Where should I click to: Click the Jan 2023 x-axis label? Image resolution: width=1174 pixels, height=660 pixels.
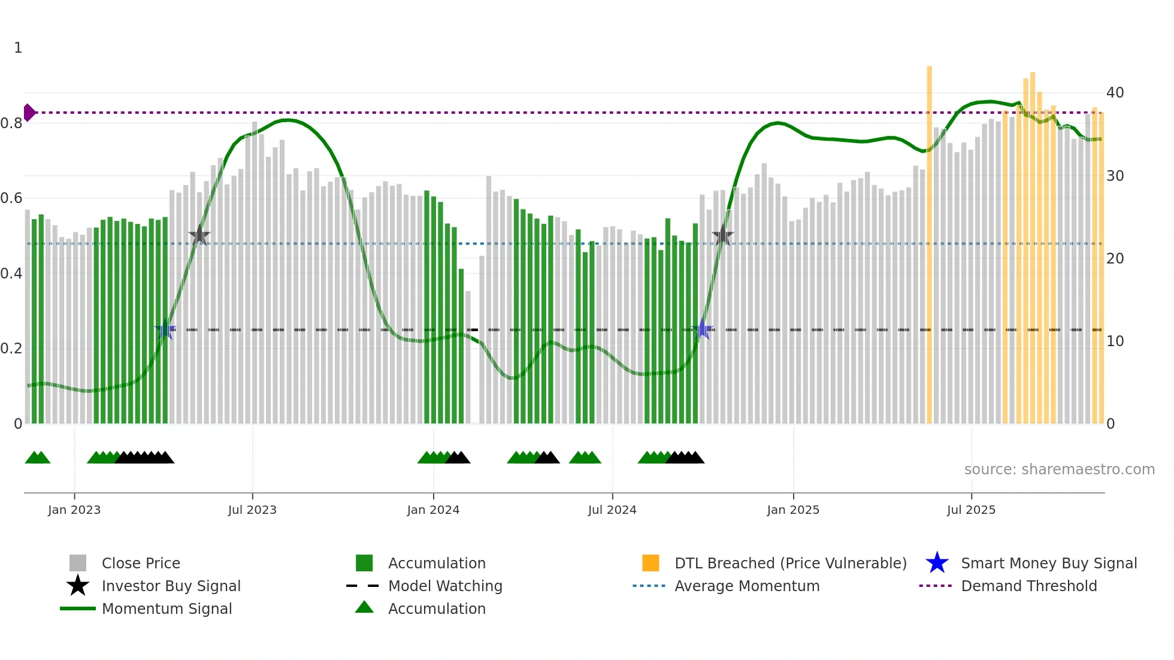[74, 510]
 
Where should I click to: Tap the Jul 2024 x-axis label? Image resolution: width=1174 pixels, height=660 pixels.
[612, 510]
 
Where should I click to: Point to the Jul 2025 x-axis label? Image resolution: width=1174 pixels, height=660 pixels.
[971, 510]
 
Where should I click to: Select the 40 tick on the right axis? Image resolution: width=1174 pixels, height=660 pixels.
[1115, 93]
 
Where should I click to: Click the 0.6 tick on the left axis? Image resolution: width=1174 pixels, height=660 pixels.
[11, 198]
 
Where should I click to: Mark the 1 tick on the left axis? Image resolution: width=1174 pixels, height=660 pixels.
[18, 48]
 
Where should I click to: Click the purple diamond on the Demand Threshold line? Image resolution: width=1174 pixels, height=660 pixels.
[29, 113]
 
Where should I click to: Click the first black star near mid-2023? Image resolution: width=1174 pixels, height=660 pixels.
[199, 235]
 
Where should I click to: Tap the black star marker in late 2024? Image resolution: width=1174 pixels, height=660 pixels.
[723, 235]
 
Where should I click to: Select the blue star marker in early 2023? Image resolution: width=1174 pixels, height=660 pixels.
[165, 329]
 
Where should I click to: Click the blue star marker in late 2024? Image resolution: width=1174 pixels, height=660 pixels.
[702, 329]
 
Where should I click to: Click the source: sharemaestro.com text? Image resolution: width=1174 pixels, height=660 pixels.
[1059, 470]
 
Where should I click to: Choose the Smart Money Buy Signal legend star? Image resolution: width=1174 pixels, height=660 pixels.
[937, 563]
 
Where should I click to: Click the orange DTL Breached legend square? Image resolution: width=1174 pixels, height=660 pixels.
[650, 563]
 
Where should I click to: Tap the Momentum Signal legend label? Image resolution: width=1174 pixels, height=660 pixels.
[167, 608]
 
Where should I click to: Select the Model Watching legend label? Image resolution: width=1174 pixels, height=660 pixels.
[445, 586]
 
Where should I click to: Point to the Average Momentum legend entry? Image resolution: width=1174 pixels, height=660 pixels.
[747, 586]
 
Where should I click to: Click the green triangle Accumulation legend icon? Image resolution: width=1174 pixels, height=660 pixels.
[364, 607]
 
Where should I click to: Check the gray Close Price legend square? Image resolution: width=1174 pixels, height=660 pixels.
[78, 563]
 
